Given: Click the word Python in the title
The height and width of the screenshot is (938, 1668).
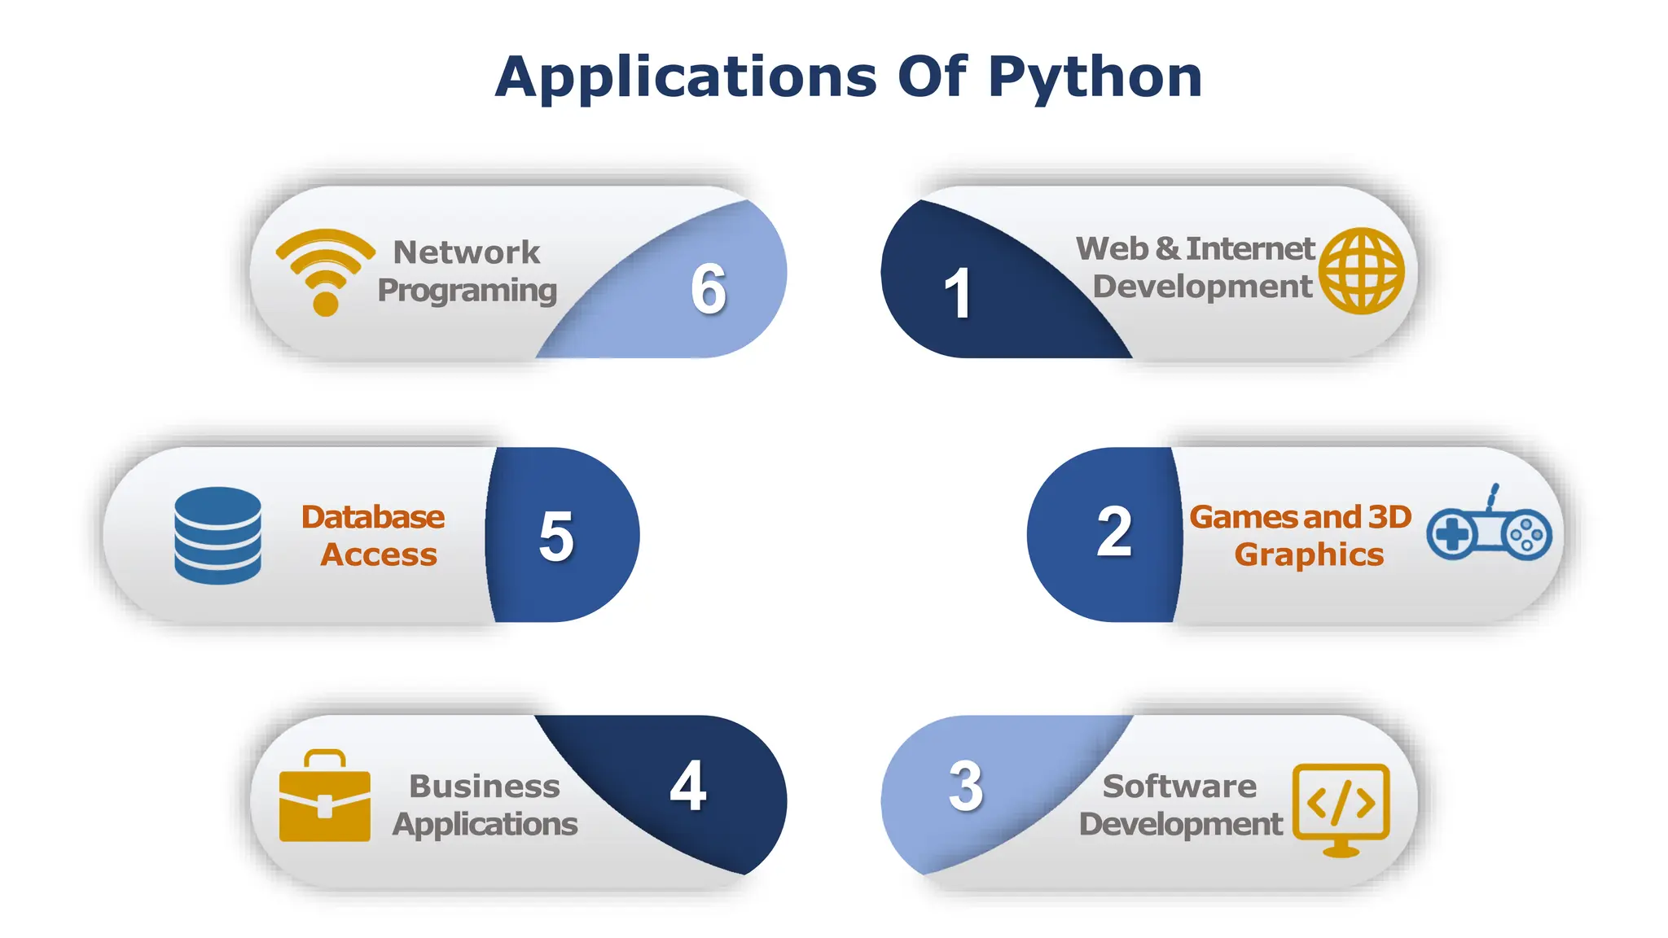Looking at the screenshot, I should point(1095,78).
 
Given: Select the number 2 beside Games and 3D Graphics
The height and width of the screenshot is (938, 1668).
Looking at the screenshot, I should point(1114,533).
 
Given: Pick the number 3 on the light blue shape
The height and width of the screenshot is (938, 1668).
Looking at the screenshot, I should point(966,787).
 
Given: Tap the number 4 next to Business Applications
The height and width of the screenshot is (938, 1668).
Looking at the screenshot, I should point(688,786).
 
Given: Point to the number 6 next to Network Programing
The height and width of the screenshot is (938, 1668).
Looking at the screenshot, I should point(709,289).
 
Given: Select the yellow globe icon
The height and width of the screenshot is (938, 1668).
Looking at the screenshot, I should point(1361,270).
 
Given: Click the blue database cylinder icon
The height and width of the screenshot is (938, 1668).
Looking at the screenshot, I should point(217,535).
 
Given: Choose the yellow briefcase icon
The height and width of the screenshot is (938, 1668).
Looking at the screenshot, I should point(324,796).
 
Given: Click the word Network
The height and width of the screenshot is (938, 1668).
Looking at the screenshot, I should point(467,252).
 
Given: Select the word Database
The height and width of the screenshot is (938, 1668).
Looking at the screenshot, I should point(373,517).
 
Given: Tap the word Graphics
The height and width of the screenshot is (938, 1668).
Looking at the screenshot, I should point(1309,554).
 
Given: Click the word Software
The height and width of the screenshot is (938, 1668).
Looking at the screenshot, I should point(1179,787).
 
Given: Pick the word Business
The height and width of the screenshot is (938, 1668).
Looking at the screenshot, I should point(485,787).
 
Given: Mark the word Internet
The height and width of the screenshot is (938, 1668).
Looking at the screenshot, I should point(1250,248).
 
